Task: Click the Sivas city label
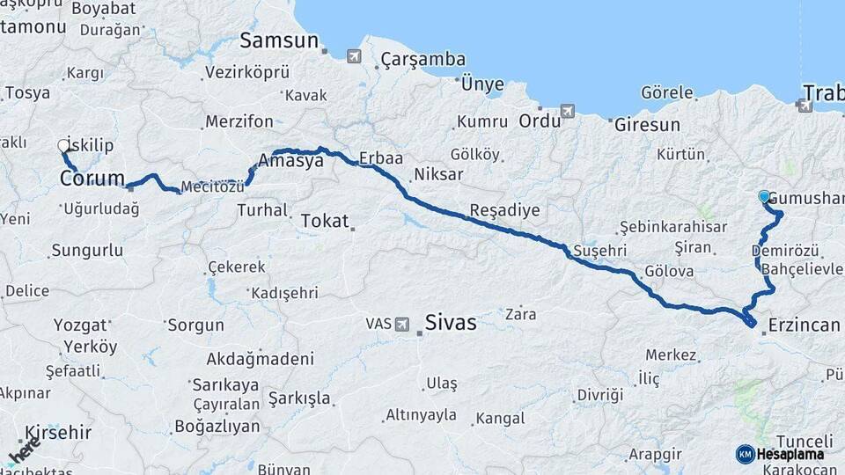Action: (450, 322)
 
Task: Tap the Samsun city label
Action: (278, 40)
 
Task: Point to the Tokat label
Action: (325, 221)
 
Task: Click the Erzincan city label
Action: (804, 325)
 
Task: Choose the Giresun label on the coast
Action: (647, 125)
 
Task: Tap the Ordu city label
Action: (539, 121)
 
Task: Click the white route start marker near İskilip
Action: (63, 145)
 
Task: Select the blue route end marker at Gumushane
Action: (764, 197)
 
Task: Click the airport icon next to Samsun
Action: (354, 57)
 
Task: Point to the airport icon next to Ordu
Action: (568, 112)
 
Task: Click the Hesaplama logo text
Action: (790, 455)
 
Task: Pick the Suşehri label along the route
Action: (599, 252)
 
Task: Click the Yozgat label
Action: (80, 325)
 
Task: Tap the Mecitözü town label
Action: (211, 186)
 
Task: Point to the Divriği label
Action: (600, 395)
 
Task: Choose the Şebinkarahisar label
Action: (673, 226)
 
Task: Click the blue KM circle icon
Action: (746, 454)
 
